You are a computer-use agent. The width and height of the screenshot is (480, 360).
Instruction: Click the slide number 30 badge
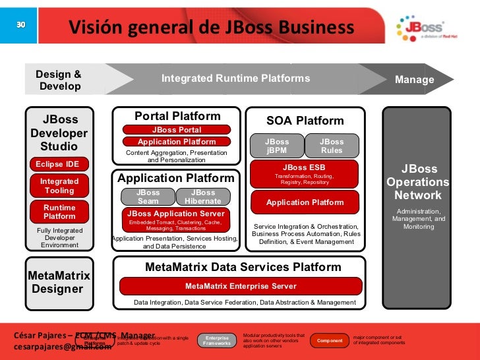tap(20, 24)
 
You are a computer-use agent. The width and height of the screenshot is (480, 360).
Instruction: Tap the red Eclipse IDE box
tap(57, 164)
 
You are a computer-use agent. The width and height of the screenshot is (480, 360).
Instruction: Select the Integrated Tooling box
tap(59, 186)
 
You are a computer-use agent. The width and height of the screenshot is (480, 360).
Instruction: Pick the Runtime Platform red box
tap(59, 212)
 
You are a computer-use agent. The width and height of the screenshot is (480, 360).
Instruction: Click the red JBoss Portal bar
tap(176, 130)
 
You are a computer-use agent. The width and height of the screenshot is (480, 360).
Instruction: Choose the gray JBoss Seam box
tap(148, 196)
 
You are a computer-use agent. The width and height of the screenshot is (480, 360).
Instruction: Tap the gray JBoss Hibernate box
tap(203, 196)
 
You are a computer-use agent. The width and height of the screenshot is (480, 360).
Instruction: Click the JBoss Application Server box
tap(176, 218)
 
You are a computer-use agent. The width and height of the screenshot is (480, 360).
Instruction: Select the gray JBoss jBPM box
tap(277, 146)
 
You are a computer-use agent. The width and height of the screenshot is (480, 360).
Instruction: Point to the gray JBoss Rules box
tap(332, 146)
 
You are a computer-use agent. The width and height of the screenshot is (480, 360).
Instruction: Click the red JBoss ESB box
tap(304, 173)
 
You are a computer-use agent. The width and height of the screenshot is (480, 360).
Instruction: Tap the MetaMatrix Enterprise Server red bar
tap(241, 286)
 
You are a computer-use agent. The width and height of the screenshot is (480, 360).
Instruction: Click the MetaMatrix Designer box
tap(57, 282)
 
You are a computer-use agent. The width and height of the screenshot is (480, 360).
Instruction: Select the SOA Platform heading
tap(305, 121)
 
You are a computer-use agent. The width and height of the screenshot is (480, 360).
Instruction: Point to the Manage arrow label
tap(415, 80)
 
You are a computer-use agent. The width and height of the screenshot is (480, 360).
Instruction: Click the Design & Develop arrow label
tap(59, 80)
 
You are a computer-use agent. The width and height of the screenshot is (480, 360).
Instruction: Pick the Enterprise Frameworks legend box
tap(217, 340)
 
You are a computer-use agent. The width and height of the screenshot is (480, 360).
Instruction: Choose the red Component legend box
tap(330, 340)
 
